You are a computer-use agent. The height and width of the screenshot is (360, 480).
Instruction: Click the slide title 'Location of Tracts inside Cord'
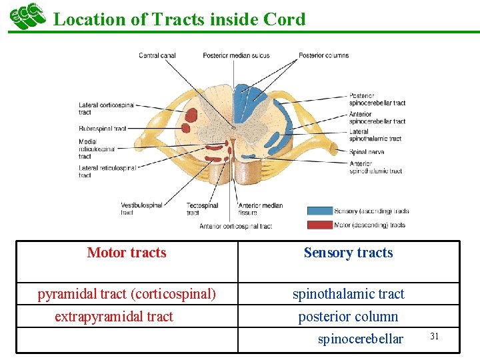coord(179,19)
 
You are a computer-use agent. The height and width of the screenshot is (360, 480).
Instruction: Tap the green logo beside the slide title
coord(27,16)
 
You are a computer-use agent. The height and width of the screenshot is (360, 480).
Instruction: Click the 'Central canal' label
coord(158,55)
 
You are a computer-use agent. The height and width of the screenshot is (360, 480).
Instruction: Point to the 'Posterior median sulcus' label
coord(236,55)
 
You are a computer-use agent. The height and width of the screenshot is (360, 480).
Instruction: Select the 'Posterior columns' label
coord(323,55)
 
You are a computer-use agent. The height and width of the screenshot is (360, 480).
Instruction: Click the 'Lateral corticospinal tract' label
coord(106,109)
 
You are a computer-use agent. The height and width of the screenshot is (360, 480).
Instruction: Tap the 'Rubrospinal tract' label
coord(102,128)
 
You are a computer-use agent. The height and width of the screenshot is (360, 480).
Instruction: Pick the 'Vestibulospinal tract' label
coord(141,209)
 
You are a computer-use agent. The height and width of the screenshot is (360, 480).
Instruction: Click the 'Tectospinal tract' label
coord(201,209)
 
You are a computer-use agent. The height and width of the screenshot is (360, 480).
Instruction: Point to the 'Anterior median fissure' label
coord(261,209)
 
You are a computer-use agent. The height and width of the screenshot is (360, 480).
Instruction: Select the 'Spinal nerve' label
coord(367,152)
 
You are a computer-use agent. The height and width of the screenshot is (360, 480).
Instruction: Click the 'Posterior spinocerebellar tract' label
coord(377,99)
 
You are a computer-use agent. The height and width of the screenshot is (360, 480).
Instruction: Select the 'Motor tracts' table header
coord(127,253)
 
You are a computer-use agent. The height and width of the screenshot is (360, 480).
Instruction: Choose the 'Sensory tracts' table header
coord(348,253)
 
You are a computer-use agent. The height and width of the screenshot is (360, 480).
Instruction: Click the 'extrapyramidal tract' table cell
coord(113,317)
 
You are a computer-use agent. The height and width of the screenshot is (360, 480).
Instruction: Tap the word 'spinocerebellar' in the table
coord(360,339)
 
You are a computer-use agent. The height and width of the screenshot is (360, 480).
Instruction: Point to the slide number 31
coord(434,336)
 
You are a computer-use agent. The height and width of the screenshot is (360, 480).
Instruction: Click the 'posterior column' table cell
coord(348,317)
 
